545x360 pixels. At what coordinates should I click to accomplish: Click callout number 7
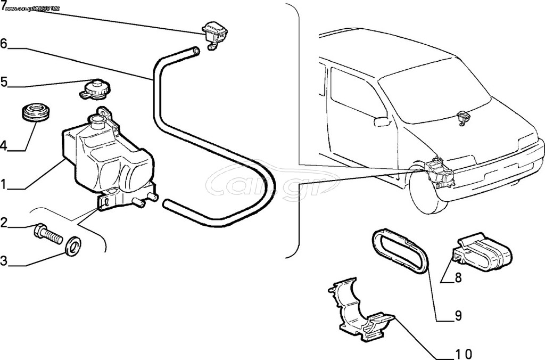click(x=4, y=5)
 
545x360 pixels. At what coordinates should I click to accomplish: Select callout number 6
click(x=4, y=44)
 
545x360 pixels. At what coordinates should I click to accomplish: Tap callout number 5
click(x=4, y=83)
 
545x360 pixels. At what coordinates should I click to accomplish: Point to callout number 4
click(x=4, y=145)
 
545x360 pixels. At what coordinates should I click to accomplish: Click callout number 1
click(x=4, y=184)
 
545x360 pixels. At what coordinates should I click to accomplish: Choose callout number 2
click(x=4, y=222)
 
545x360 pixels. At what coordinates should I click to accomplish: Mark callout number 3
click(x=4, y=261)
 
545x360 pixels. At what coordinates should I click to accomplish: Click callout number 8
click(x=458, y=277)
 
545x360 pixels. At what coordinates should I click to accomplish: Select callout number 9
click(x=458, y=316)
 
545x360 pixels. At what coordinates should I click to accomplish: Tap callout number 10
click(x=464, y=354)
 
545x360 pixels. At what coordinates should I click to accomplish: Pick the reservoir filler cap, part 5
click(x=94, y=89)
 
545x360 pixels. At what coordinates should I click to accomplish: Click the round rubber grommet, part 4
click(x=36, y=112)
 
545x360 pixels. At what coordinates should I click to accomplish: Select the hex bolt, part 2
click(x=48, y=234)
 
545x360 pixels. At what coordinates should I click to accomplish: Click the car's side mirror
click(x=382, y=121)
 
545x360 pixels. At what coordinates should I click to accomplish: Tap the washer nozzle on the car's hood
click(x=463, y=118)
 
